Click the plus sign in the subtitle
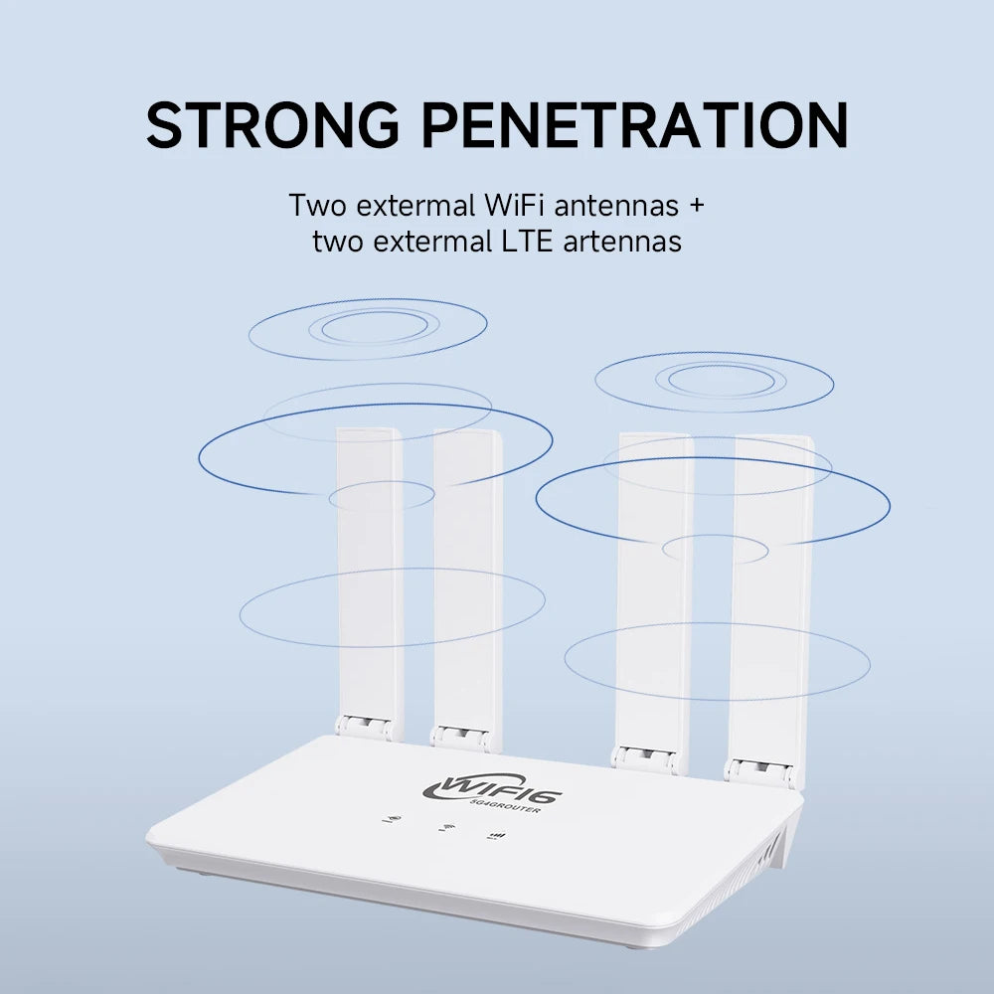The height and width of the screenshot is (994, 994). click(696, 207)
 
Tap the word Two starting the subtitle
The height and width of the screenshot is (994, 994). click(315, 206)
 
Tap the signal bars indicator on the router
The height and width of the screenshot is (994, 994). click(496, 836)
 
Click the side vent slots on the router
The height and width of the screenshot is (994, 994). click(774, 846)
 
